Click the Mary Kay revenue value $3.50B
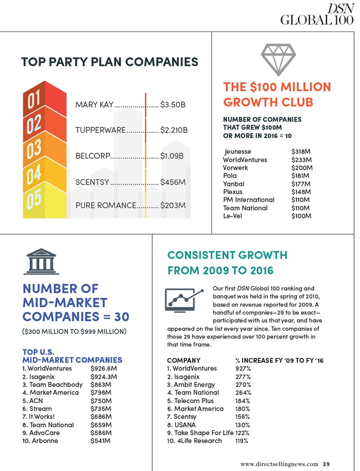(x=173, y=105)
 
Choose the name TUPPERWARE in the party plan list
(x=100, y=130)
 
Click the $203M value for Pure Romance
(x=173, y=205)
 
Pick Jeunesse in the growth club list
(x=238, y=151)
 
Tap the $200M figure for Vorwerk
(x=302, y=168)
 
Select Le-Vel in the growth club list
(x=233, y=216)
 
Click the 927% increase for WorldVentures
(x=243, y=368)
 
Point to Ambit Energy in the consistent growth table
(x=191, y=385)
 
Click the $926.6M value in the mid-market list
(x=103, y=368)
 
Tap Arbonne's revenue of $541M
(x=101, y=441)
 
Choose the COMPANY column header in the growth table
(x=184, y=360)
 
